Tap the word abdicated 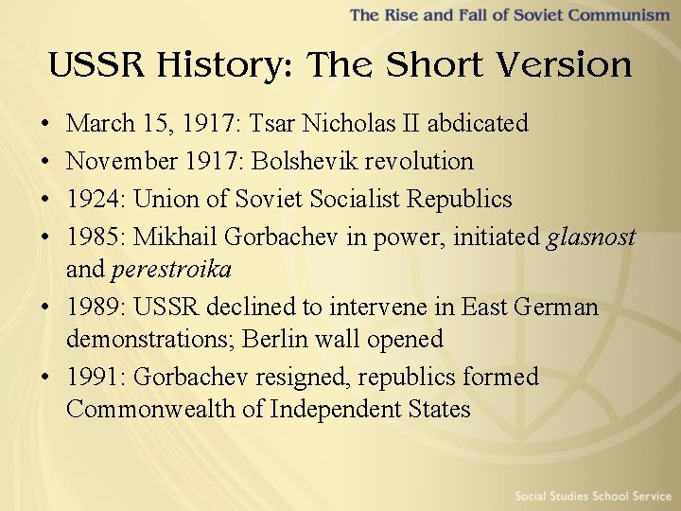tap(477, 123)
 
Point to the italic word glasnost tap(591, 237)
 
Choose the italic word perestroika tap(171, 270)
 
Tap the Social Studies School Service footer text tap(592, 496)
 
